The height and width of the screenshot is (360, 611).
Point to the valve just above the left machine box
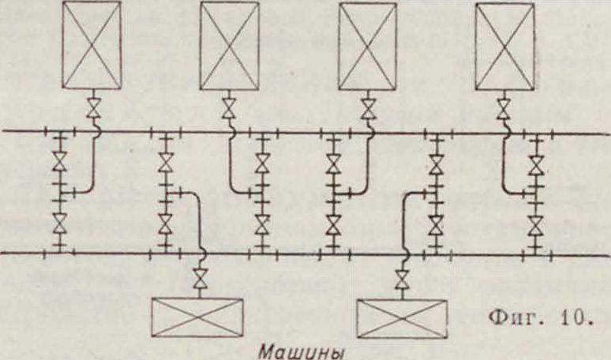[x=201, y=278]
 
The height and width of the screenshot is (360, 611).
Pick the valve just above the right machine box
[x=403, y=278]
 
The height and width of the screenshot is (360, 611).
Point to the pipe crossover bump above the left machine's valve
[x=202, y=253]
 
